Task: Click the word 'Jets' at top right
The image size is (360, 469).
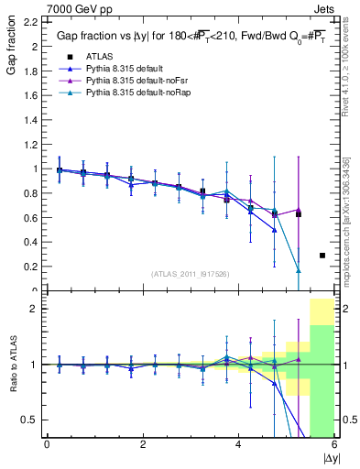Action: [x=325, y=8]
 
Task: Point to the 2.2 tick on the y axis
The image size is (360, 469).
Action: [x=32, y=20]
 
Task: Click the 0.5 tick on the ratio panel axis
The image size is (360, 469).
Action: [x=32, y=420]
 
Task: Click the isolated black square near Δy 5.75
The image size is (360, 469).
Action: [x=322, y=256]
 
